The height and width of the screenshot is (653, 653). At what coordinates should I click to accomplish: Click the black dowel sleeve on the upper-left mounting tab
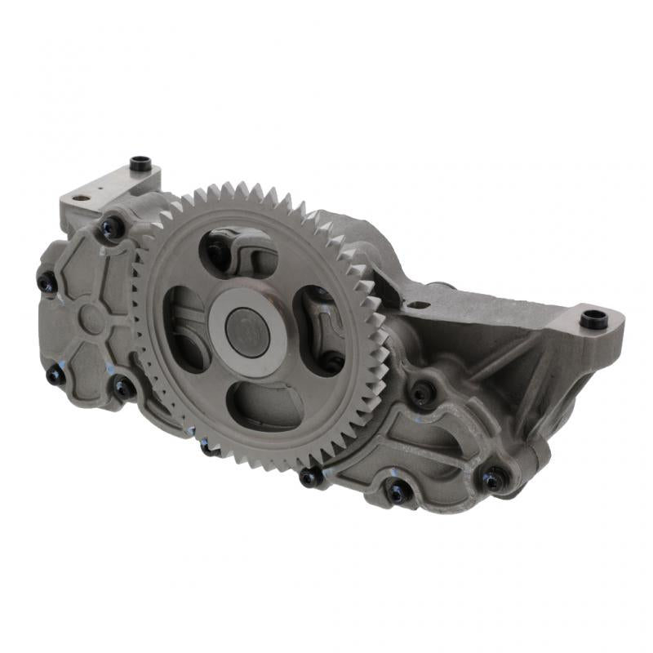[140, 163]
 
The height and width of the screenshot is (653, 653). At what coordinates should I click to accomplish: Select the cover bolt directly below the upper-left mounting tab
[112, 228]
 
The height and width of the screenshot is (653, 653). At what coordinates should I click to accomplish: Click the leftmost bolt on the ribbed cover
[47, 282]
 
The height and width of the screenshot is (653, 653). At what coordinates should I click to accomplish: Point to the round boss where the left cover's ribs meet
[91, 319]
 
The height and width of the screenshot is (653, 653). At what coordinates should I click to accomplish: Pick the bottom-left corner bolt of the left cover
[56, 375]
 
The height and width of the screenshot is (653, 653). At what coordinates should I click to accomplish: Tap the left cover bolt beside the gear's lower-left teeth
[123, 388]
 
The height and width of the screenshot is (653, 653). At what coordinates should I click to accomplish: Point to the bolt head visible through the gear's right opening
[330, 360]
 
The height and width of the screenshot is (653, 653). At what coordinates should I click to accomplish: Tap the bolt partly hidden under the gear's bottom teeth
[208, 446]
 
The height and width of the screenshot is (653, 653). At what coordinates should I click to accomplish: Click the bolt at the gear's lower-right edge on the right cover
[310, 477]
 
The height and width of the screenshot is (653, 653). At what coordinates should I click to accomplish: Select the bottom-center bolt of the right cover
[398, 492]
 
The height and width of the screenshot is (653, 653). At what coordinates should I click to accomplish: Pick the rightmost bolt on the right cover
[493, 480]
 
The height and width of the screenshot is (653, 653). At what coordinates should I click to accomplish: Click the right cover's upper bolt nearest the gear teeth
[421, 394]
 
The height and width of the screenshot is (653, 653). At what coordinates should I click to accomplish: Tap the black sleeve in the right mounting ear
[593, 318]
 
